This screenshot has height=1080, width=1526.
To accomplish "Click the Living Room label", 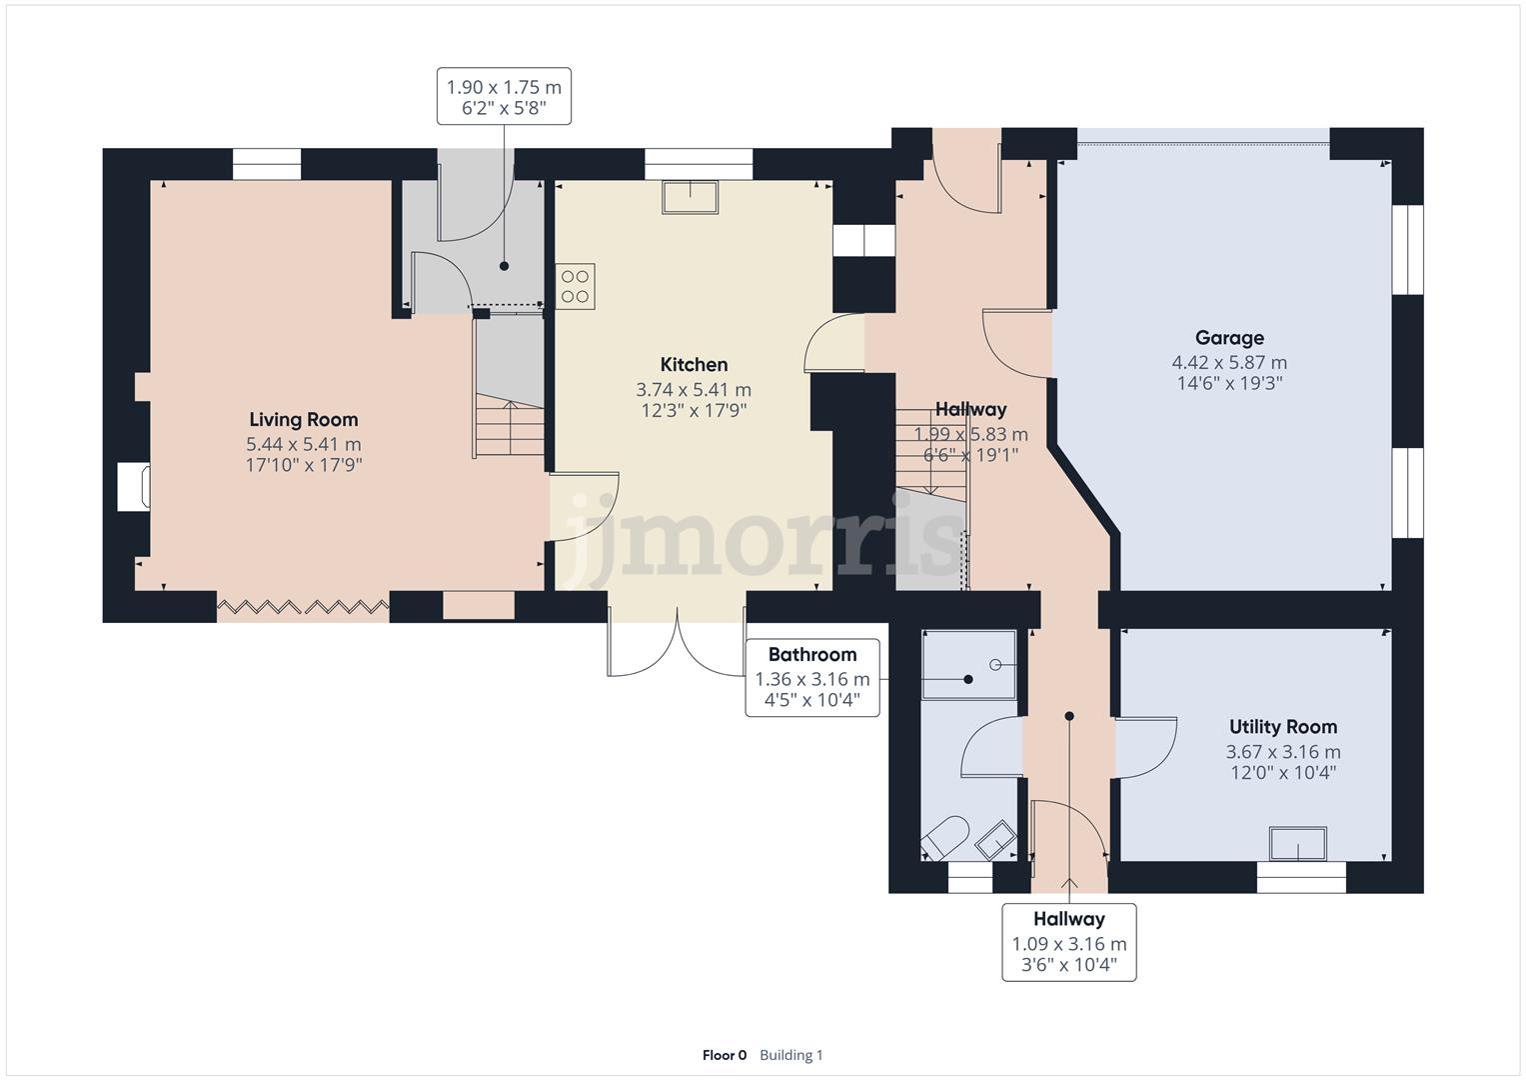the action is tap(303, 419).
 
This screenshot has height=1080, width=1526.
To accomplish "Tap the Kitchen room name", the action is tap(694, 364).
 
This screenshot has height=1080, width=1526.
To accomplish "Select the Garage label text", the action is tap(1229, 338).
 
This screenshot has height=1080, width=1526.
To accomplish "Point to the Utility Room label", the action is tap(1283, 727).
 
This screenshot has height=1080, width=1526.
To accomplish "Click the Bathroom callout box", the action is tap(812, 678).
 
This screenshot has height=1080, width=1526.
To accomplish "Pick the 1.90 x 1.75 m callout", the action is tap(504, 96).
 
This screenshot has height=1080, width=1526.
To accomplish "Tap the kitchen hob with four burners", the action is tap(575, 286).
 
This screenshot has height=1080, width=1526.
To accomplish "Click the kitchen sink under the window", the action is tap(691, 197).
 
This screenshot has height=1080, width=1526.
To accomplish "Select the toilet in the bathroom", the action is tap(945, 839).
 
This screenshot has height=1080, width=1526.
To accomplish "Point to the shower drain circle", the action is tap(995, 665).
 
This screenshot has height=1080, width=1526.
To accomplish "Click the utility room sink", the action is tap(1298, 844).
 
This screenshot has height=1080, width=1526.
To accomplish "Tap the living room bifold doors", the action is tap(303, 606).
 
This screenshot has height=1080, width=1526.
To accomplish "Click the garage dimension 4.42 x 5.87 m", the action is tap(1229, 362).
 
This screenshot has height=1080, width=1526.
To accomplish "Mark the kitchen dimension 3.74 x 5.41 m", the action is tap(694, 389).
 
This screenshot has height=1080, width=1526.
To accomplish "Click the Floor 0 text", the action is tap(725, 1055).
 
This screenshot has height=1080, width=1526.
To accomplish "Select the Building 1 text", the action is tap(790, 1055).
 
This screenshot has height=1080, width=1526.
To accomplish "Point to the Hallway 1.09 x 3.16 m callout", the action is tap(1069, 942).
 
